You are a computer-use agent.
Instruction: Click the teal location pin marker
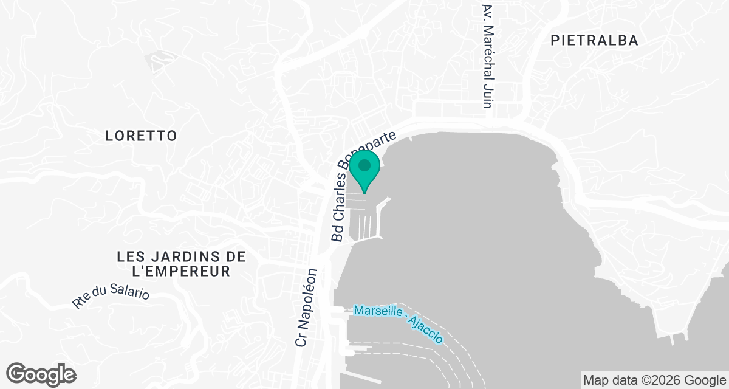click(x=364, y=170)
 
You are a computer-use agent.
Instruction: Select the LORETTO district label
click(x=141, y=136)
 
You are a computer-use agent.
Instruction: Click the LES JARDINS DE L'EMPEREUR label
click(x=182, y=264)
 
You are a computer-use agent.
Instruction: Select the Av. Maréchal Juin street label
click(x=486, y=57)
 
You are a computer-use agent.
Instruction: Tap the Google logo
click(x=41, y=373)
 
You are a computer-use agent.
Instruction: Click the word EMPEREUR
click(x=194, y=271)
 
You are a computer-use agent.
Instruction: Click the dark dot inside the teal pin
click(x=364, y=165)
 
